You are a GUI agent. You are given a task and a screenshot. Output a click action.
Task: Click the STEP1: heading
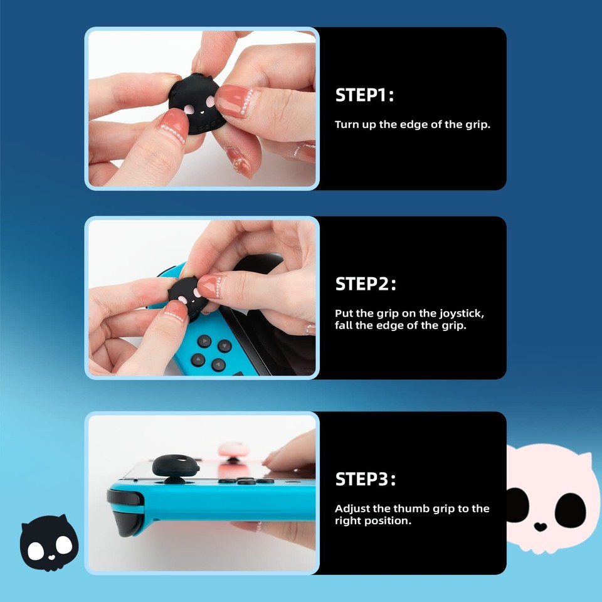[x=364, y=95]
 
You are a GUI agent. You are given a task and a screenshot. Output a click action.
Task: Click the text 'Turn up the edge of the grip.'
[x=412, y=124]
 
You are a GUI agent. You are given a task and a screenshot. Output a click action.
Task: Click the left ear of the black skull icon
[x=27, y=525]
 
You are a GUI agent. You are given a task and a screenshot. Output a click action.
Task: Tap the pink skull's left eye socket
[x=518, y=505]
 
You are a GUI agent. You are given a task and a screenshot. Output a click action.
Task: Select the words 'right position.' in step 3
[x=372, y=521]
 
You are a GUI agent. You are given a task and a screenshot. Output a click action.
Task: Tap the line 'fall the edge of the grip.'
[x=400, y=325]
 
